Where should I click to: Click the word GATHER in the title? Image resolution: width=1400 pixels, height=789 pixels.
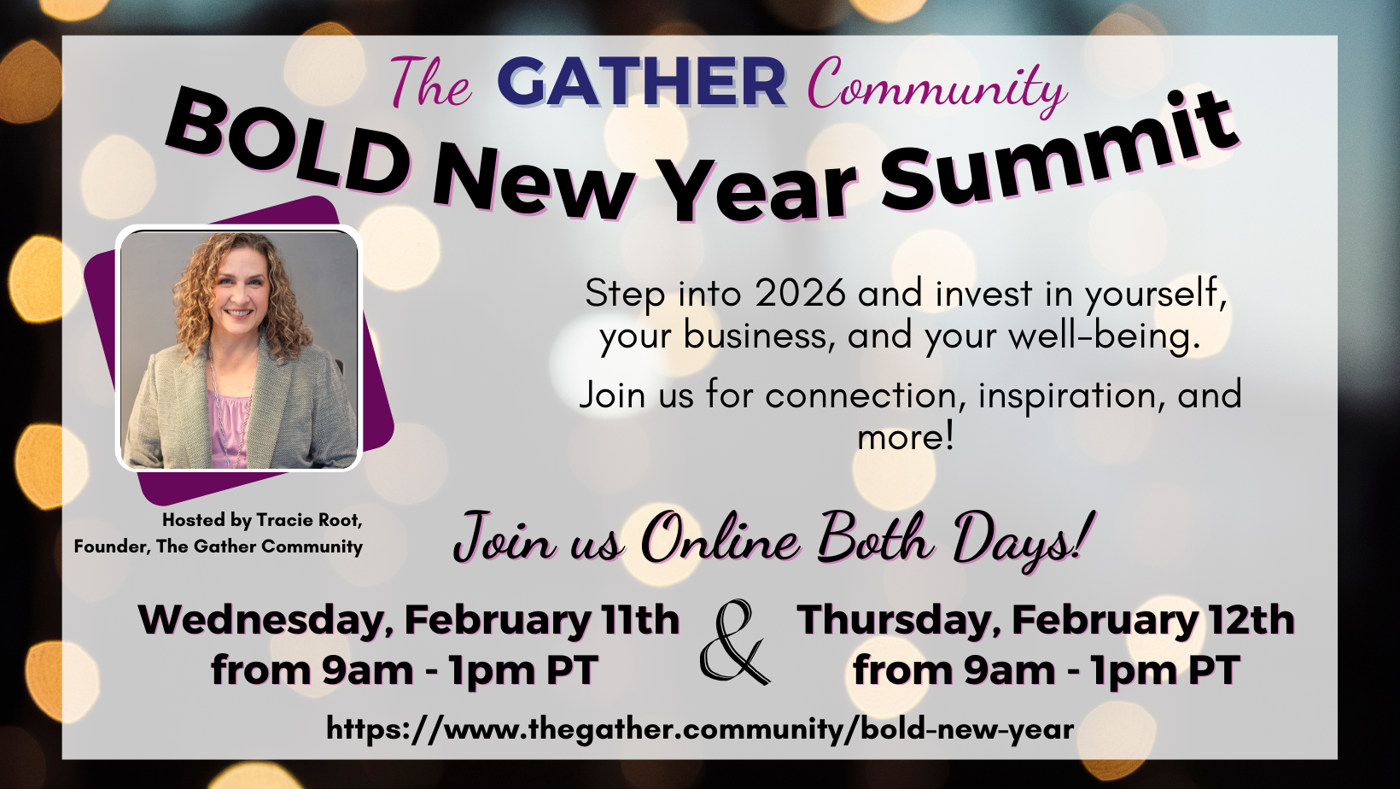tap(641, 82)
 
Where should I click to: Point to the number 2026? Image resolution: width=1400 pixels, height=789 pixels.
tap(800, 293)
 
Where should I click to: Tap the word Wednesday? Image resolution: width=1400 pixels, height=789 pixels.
tap(265, 621)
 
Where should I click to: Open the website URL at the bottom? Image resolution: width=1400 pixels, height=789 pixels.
tap(700, 729)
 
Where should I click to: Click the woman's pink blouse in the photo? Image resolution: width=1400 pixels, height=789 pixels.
tap(230, 425)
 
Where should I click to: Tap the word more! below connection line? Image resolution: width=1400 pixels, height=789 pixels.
tap(906, 437)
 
